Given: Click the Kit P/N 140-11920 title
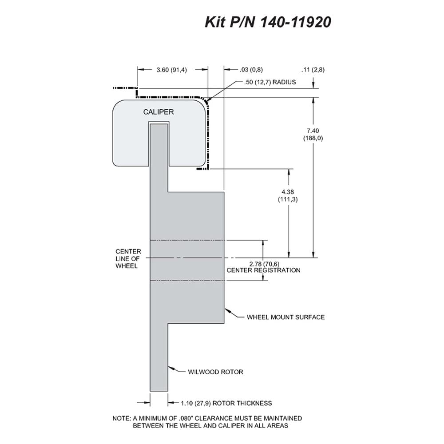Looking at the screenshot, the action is (x=268, y=22).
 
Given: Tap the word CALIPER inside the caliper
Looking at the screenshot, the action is (x=159, y=112).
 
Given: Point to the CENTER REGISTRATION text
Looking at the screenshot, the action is (x=263, y=270).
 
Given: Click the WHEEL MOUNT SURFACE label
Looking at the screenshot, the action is (x=285, y=317).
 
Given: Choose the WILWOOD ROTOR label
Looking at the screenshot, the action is (x=215, y=372).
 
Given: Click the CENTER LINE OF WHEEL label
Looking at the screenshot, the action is (x=128, y=258).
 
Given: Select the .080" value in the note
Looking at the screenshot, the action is (x=186, y=418).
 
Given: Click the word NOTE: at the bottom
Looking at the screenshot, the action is (x=122, y=418).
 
